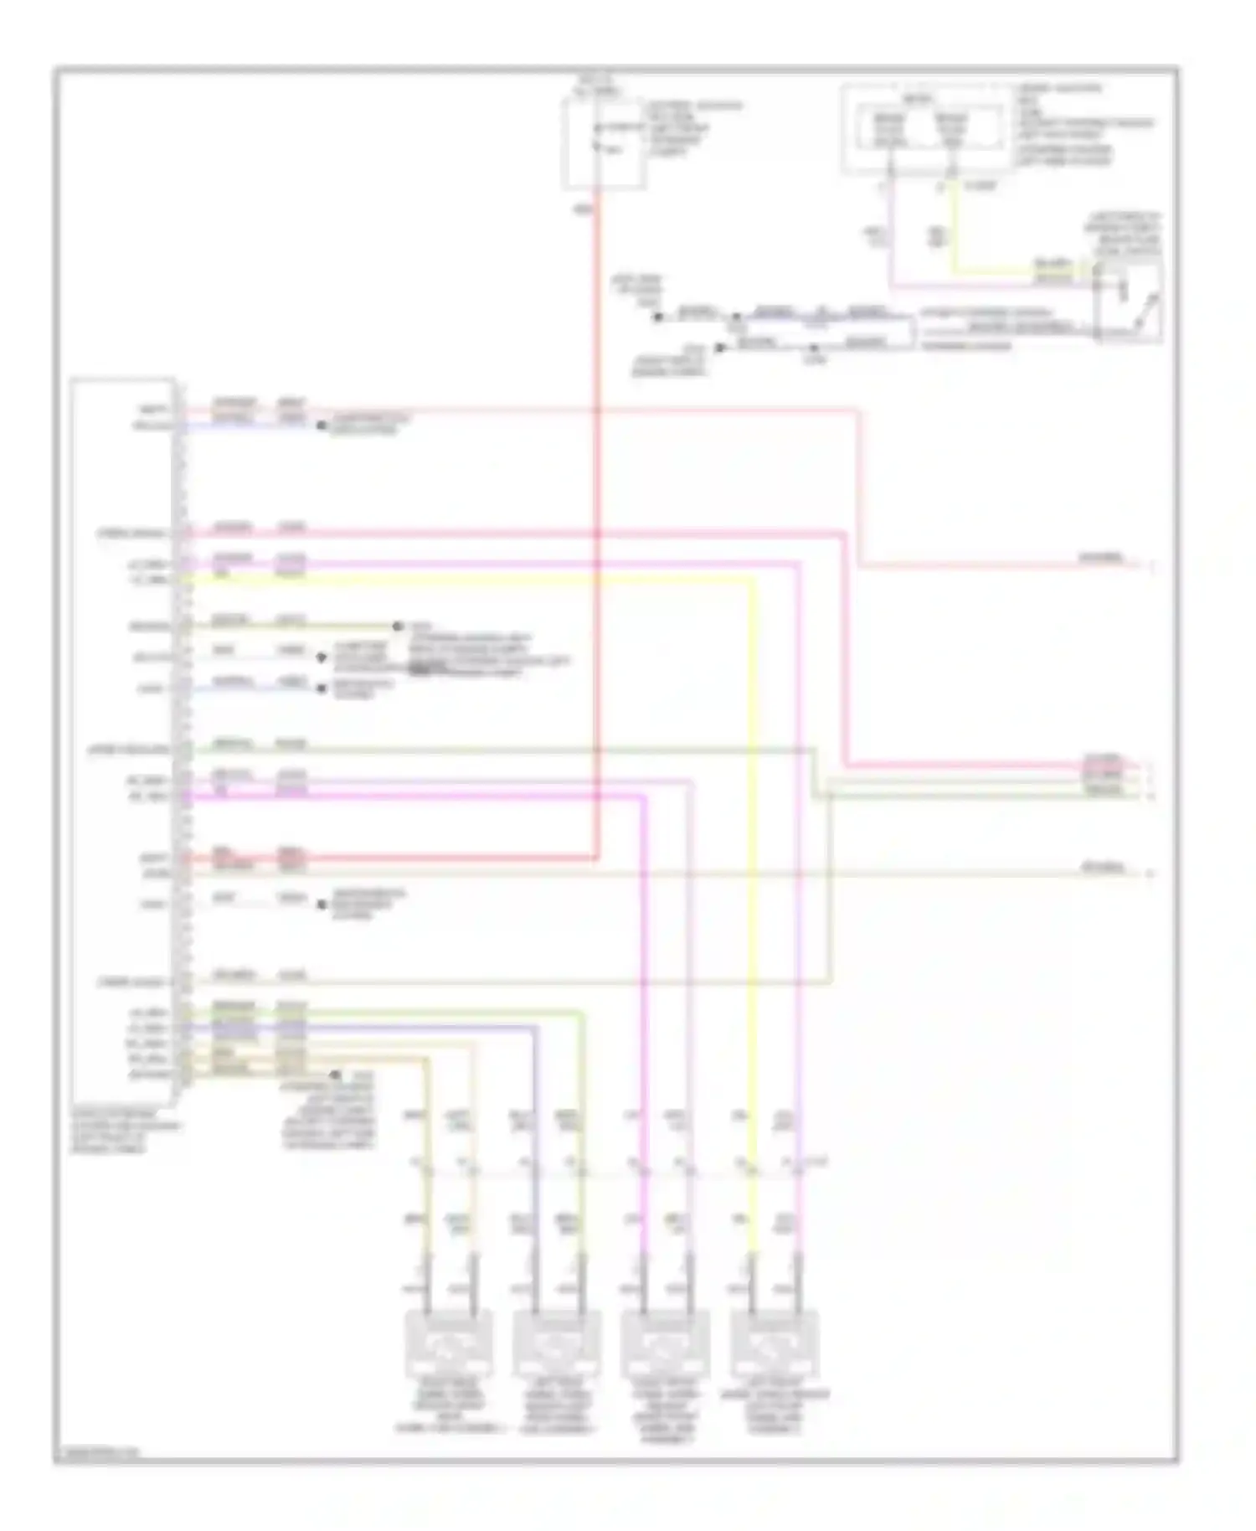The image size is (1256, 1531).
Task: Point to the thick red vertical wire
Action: pyautogui.click(x=598, y=503)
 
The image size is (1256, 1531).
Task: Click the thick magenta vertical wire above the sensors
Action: pyautogui.click(x=645, y=963)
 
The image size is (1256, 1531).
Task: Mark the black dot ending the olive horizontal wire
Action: pyautogui.click(x=399, y=626)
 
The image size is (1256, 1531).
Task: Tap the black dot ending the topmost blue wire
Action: pyautogui.click(x=320, y=426)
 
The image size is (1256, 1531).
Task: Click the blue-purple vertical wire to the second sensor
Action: pyautogui.click(x=535, y=1131)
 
